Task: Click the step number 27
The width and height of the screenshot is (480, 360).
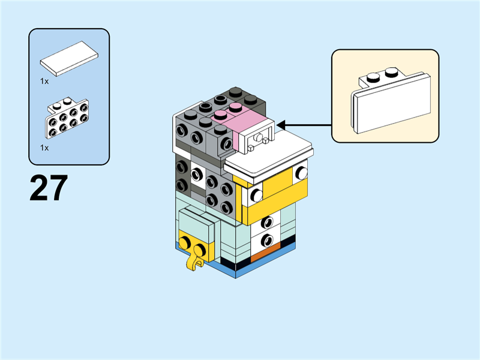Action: pyautogui.click(x=49, y=188)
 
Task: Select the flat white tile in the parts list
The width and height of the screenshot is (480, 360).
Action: pyautogui.click(x=69, y=58)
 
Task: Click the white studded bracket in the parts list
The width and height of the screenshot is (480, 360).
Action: pyautogui.click(x=68, y=118)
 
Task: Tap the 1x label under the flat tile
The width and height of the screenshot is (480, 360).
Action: pyautogui.click(x=44, y=81)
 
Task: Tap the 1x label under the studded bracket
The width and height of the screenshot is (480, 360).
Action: pyautogui.click(x=44, y=148)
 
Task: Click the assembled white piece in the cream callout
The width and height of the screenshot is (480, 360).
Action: pyautogui.click(x=391, y=100)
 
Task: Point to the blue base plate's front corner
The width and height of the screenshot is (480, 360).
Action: pyautogui.click(x=235, y=278)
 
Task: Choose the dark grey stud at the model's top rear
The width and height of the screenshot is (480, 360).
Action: pyautogui.click(x=235, y=91)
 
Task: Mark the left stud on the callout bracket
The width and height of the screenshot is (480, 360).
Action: pyautogui.click(x=373, y=77)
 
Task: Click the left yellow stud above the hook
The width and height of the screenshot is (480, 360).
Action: pyautogui.click(x=185, y=242)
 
